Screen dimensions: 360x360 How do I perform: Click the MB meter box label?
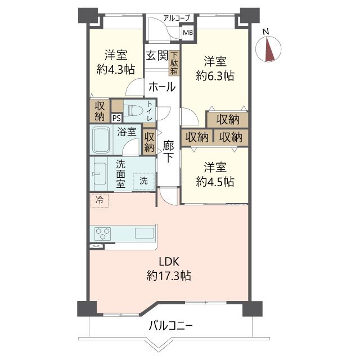(x=188, y=33)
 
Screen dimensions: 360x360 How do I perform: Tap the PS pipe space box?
(x=116, y=119)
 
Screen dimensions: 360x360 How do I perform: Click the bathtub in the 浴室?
(x=101, y=140)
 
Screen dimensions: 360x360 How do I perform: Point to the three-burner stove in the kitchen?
(x=102, y=234)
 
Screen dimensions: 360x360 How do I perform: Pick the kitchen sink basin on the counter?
(x=145, y=233)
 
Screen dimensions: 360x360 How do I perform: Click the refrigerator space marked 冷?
(x=100, y=200)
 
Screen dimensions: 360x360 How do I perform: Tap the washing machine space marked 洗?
(x=144, y=181)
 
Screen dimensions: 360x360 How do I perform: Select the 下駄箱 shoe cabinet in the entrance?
(x=174, y=63)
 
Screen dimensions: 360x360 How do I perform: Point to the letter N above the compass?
(x=266, y=32)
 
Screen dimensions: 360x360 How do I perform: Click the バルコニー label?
(x=170, y=326)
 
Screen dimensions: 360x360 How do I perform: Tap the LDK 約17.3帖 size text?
(x=169, y=269)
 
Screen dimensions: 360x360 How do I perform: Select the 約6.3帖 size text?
(x=215, y=76)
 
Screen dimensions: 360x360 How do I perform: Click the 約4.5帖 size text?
(x=215, y=182)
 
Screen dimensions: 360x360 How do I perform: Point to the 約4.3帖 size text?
(x=116, y=69)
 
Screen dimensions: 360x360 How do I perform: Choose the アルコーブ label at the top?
(x=177, y=18)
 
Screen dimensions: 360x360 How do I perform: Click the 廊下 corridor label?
(x=168, y=151)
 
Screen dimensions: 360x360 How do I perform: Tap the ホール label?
(x=162, y=87)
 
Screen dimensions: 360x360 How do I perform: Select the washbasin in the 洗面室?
(x=100, y=174)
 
